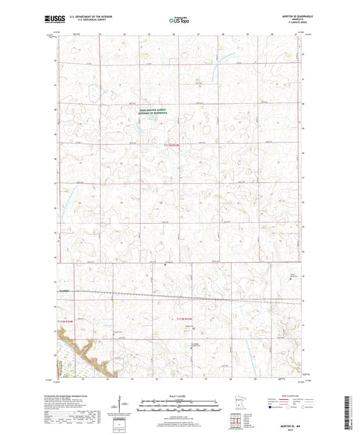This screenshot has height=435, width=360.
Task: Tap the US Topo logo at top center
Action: click(178, 20)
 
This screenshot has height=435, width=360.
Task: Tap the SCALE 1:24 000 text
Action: click(179, 395)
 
